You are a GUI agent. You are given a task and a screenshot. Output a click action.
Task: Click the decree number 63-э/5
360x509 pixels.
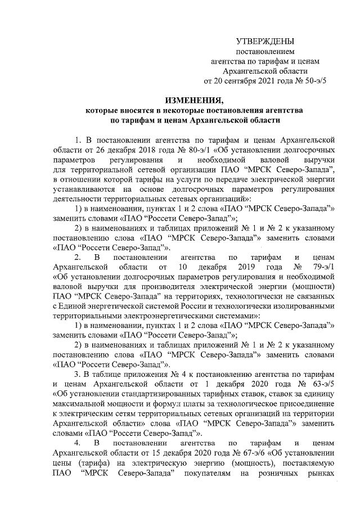click(322, 384)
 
